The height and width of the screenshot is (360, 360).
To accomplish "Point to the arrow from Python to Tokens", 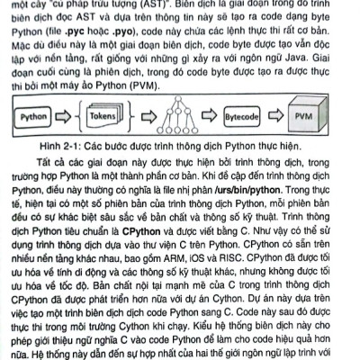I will point(75,116).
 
